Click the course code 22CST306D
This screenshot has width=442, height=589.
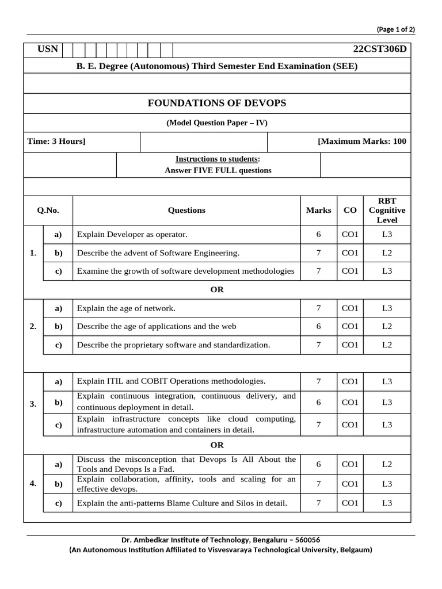click(377, 49)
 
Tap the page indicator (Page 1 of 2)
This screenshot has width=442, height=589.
click(395, 29)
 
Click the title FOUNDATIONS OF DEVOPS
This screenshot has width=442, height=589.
click(217, 104)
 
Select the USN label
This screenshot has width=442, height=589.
click(48, 49)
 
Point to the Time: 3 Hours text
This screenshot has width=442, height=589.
click(56, 141)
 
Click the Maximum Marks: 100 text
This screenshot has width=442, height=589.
click(361, 141)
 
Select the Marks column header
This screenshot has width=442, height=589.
click(318, 211)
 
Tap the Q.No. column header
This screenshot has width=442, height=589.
click(48, 211)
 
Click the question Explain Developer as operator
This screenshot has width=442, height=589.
click(132, 235)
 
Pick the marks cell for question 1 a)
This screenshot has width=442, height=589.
click(318, 235)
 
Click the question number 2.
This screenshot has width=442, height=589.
click(33, 327)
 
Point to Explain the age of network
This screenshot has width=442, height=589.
click(126, 308)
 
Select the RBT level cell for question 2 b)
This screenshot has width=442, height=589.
click(387, 327)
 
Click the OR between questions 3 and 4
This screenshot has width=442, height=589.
click(217, 445)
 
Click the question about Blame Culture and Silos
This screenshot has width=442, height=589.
click(182, 503)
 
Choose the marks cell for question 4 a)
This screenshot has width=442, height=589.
click(318, 464)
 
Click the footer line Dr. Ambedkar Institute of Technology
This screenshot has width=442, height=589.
click(220, 540)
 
